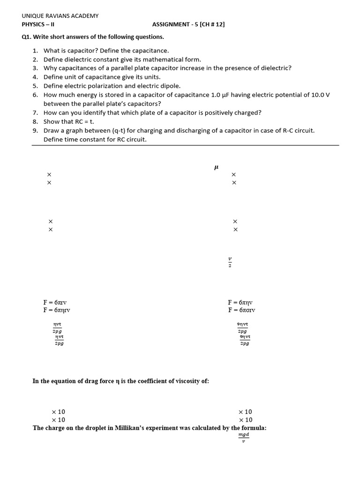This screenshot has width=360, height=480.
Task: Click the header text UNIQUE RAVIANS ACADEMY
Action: click(60, 16)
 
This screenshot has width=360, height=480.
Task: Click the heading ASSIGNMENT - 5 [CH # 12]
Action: click(188, 25)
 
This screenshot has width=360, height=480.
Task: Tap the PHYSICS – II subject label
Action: click(38, 25)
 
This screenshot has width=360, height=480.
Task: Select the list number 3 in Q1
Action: click(35, 68)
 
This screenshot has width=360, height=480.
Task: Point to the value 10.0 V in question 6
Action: click(320, 95)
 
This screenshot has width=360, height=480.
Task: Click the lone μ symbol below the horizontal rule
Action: click(216, 167)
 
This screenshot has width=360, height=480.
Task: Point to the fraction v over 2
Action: click(230, 262)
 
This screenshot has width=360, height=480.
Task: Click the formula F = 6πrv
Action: click(58, 302)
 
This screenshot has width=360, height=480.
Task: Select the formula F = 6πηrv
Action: click(57, 310)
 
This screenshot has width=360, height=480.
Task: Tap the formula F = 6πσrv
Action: click(242, 310)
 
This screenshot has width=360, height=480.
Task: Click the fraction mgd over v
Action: click(244, 437)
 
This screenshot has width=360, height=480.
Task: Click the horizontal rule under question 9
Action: click(185, 145)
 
